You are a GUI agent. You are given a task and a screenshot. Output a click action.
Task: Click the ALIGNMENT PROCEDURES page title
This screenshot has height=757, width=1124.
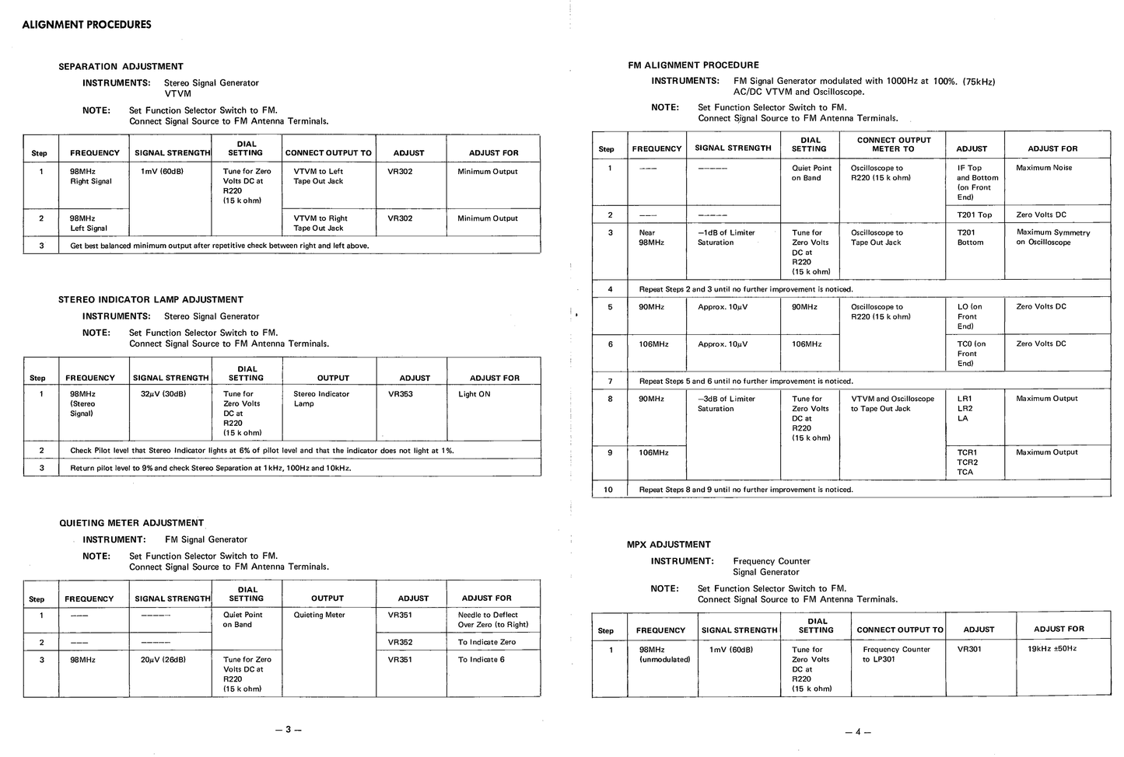click(86, 24)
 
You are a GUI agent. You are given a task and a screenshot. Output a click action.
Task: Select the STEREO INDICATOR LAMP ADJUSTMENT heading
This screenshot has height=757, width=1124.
click(151, 299)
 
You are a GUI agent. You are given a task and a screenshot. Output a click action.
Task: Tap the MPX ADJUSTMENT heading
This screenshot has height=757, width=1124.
click(668, 544)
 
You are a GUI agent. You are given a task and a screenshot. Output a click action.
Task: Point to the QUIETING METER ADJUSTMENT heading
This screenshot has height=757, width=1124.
click(131, 523)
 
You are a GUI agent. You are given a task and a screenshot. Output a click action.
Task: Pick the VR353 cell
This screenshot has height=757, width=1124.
click(401, 394)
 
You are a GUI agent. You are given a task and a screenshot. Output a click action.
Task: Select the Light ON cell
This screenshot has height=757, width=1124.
click(474, 394)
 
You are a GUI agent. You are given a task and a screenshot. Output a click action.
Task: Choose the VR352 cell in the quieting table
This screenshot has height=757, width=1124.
click(401, 642)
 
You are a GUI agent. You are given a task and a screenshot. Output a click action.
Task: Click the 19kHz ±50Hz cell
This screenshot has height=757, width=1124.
click(1052, 648)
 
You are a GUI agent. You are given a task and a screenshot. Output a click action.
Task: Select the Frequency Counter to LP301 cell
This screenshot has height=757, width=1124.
click(896, 654)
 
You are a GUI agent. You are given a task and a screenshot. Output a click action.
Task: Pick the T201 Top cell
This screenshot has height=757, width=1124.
click(974, 215)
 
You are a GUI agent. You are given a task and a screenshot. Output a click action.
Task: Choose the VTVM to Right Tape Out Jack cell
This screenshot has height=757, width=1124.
click(320, 223)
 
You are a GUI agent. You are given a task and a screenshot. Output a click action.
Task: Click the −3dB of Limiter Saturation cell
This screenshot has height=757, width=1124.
click(727, 403)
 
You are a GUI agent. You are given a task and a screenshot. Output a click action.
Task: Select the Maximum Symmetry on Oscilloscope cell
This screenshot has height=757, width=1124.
click(1053, 237)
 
